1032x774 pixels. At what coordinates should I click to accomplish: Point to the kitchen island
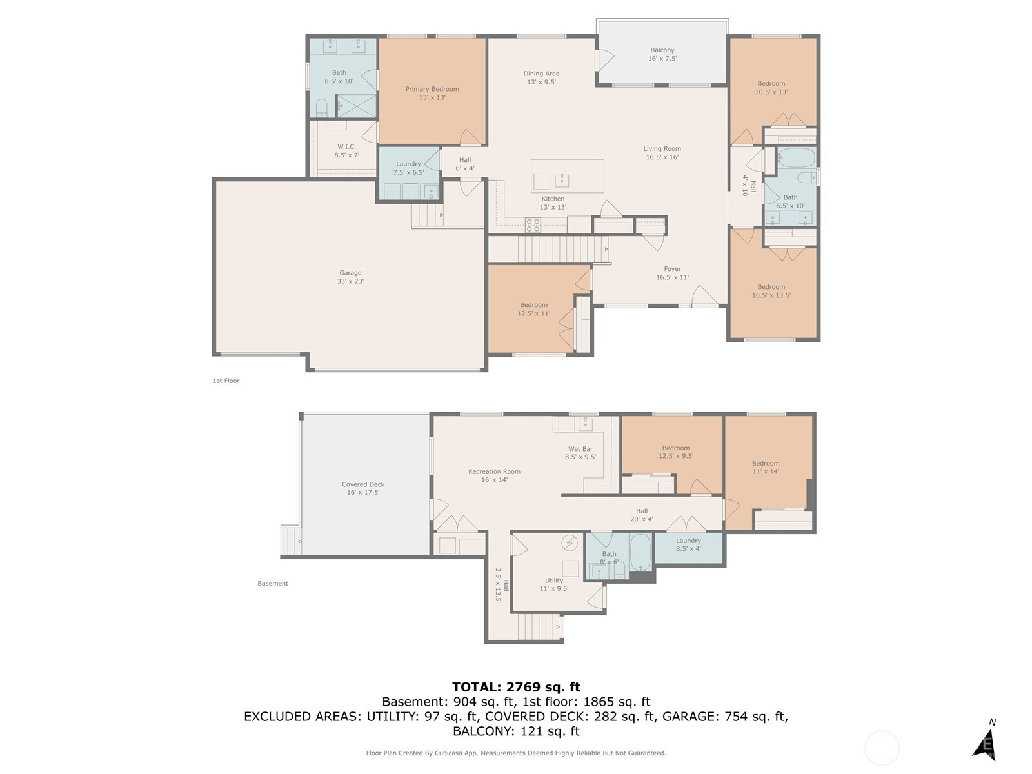[x=568, y=176]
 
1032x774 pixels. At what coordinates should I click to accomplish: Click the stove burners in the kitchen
[x=533, y=224]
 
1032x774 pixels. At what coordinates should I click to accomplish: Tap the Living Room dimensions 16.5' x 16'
[x=662, y=157]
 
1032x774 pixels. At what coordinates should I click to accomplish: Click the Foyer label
[x=672, y=269]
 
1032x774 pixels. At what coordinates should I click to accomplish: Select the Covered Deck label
[x=363, y=484]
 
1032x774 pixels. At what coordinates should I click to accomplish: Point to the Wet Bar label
[x=580, y=449]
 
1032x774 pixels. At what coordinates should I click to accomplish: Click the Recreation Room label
[x=494, y=471]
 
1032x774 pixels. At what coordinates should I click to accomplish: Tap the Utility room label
[x=554, y=580]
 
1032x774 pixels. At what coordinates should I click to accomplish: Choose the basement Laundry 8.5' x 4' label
[x=688, y=544]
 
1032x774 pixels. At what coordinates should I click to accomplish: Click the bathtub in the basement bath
[x=640, y=551]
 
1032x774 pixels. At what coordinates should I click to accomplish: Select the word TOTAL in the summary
[x=475, y=687]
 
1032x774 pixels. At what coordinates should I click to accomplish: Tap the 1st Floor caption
[x=226, y=381]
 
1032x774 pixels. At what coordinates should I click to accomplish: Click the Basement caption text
[x=273, y=583]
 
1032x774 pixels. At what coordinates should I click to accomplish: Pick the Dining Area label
[x=541, y=74]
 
